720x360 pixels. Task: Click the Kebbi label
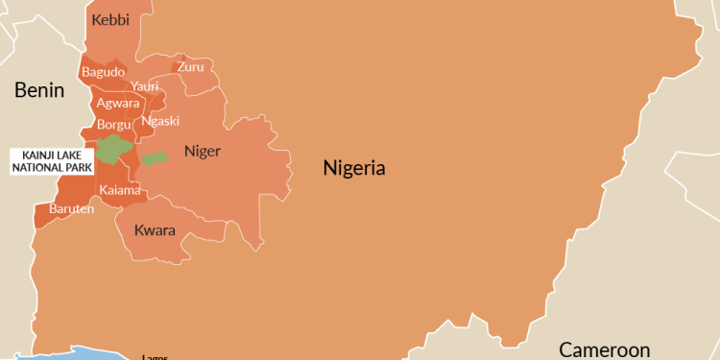pyautogui.click(x=109, y=19)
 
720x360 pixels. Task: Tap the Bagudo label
pyautogui.click(x=103, y=72)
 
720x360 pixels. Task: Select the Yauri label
pyautogui.click(x=145, y=86)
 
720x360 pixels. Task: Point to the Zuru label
pyautogui.click(x=191, y=66)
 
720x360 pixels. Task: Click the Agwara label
pyautogui.click(x=118, y=103)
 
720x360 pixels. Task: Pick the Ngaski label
pyautogui.click(x=160, y=121)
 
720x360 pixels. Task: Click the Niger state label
pyautogui.click(x=202, y=151)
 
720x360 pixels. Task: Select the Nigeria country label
pyautogui.click(x=354, y=169)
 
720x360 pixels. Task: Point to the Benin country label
pyautogui.click(x=38, y=91)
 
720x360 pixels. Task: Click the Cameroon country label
pyautogui.click(x=605, y=349)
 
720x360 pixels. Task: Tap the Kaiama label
pyautogui.click(x=120, y=190)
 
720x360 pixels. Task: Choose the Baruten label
pyautogui.click(x=72, y=208)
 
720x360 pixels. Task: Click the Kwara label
pyautogui.click(x=155, y=230)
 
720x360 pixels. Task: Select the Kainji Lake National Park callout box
pyautogui.click(x=51, y=160)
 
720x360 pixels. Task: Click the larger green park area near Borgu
pyautogui.click(x=113, y=149)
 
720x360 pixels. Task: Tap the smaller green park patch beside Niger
pyautogui.click(x=154, y=158)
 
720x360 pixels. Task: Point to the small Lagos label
pyautogui.click(x=155, y=356)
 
